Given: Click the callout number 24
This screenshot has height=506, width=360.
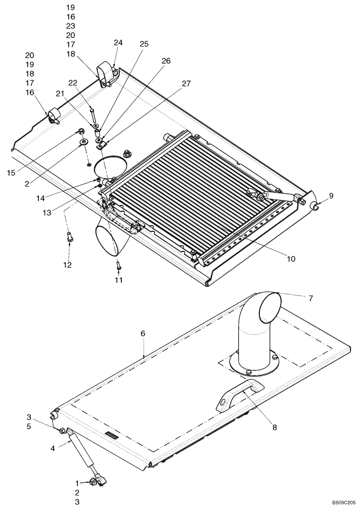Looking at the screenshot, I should [x=118, y=43].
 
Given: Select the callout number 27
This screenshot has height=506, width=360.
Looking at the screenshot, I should [x=186, y=83].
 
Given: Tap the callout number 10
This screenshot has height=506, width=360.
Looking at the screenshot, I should [x=291, y=259].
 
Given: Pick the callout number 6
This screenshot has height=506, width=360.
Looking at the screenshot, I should [x=143, y=333].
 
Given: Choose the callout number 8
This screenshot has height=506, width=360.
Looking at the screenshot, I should [x=275, y=427].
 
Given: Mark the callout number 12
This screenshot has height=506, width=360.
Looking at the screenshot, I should [x=67, y=265].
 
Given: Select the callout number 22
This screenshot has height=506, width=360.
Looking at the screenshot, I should [x=73, y=83].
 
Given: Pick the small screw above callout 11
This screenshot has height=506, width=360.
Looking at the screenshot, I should [x=118, y=263].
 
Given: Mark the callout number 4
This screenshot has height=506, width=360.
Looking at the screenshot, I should [x=53, y=447].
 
